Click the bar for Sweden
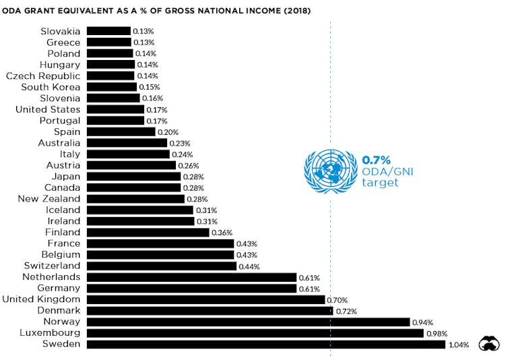click(266, 344)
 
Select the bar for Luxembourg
click(255, 333)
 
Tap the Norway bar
click(249, 322)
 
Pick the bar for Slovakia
click(108, 31)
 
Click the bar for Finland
click(148, 233)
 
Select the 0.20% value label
click(167, 132)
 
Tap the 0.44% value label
click(249, 266)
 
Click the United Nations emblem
click(329, 169)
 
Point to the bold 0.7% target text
click(377, 160)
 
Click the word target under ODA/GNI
click(380, 183)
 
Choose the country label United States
click(47, 109)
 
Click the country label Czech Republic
click(42, 76)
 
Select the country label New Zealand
click(49, 199)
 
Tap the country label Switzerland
click(51, 266)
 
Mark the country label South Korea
click(51, 87)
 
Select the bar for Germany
click(192, 289)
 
